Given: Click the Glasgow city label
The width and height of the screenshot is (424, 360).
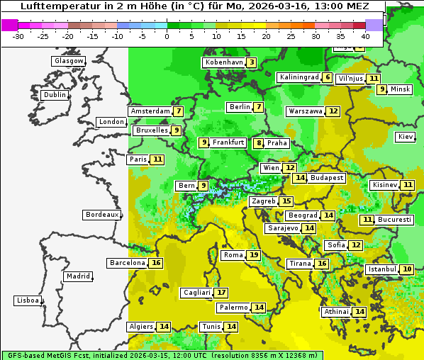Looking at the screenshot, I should [69, 61].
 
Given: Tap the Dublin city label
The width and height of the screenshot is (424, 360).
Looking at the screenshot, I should [55, 95].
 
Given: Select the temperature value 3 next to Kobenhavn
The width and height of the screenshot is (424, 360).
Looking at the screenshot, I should [252, 62].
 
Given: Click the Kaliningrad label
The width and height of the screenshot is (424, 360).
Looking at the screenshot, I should [299, 77].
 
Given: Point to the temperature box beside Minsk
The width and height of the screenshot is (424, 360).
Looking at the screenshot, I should [382, 89].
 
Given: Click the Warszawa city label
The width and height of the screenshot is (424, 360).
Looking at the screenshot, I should [306, 111].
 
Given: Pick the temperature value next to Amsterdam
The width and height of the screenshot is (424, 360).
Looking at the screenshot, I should [179, 111].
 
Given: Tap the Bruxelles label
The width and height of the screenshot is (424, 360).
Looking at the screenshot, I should [152, 130].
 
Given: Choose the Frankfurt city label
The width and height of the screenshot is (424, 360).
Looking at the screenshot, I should [228, 142].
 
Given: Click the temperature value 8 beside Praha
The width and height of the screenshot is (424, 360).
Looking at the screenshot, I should [259, 143].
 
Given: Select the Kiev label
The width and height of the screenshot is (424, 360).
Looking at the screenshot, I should [406, 137].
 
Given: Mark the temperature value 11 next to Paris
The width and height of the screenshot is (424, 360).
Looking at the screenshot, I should [157, 159].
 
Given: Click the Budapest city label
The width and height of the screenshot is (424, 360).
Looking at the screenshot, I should [327, 178].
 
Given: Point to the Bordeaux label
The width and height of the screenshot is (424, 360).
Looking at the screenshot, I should [102, 215].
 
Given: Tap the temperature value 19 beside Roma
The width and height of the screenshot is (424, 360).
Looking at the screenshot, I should [254, 255].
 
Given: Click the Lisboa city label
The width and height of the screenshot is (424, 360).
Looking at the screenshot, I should [27, 300].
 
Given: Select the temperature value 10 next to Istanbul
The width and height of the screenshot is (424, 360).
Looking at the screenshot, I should [407, 269].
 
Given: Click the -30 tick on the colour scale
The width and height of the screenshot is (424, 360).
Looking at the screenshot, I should [18, 35].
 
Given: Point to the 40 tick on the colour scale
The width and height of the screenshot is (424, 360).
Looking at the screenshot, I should [365, 35].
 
